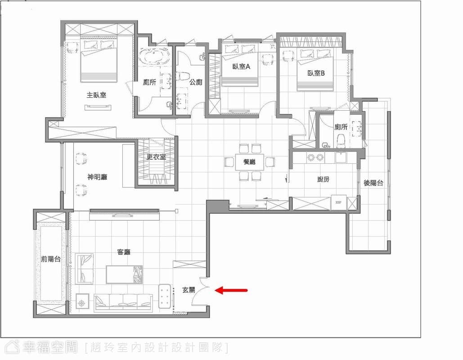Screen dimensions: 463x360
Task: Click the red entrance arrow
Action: (x=231, y=290)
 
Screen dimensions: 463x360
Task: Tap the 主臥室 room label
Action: (x=96, y=95)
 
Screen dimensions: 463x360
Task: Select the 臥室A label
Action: (x=241, y=67)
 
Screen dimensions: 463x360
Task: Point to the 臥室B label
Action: (x=316, y=73)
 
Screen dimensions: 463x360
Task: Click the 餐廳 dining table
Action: (x=250, y=162)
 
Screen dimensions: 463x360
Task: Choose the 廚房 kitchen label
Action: (x=323, y=179)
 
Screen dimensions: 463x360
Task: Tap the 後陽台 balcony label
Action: (x=373, y=183)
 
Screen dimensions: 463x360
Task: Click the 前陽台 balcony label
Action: (x=51, y=259)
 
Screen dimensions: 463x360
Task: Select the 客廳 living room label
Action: (x=124, y=252)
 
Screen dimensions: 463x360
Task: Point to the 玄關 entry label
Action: (x=189, y=290)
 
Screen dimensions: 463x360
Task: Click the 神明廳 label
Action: (x=97, y=177)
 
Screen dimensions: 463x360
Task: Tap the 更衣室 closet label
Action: (x=156, y=157)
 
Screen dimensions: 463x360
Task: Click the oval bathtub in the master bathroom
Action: (x=155, y=56)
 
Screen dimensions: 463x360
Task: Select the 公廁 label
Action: (x=195, y=82)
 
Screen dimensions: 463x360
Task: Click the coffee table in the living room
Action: (x=124, y=274)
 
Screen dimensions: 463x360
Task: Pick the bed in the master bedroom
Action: (x=99, y=60)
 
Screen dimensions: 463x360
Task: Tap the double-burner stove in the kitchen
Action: (x=315, y=157)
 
